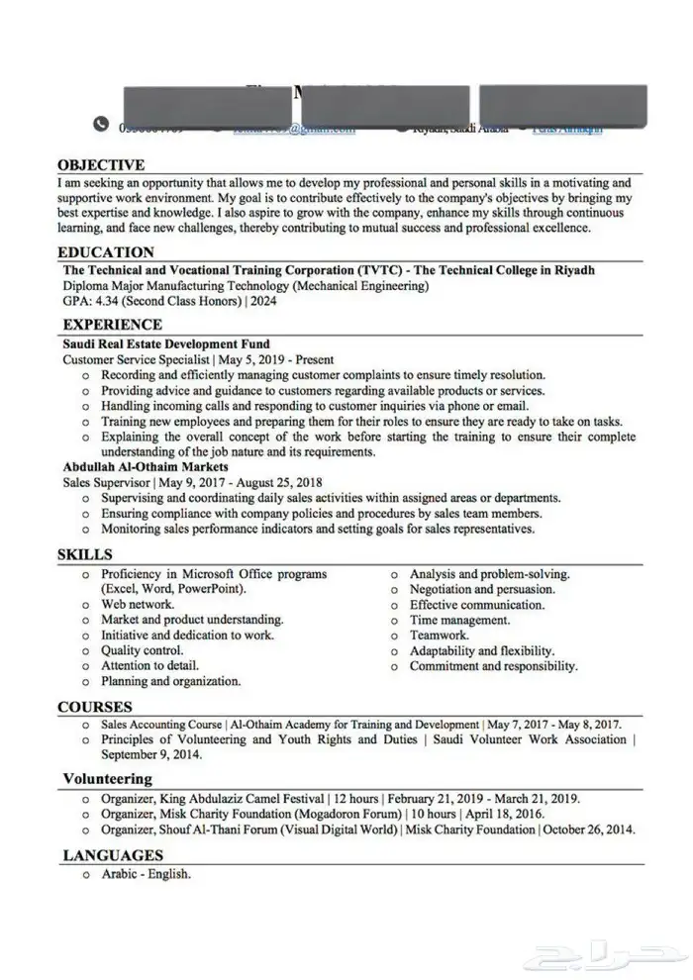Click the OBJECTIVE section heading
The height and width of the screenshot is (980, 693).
[x=101, y=165]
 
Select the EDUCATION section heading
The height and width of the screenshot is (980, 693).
[x=106, y=252]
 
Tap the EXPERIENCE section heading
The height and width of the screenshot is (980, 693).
[x=112, y=324]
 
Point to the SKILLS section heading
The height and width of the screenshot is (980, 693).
[x=84, y=554]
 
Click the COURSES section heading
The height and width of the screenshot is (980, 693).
[x=95, y=707]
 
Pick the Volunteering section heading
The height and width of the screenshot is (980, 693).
[x=107, y=779]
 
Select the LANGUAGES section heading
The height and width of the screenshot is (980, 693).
[x=113, y=855]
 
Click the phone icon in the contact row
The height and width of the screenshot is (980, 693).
[x=100, y=125]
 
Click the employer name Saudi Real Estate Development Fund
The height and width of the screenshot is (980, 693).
[x=165, y=344]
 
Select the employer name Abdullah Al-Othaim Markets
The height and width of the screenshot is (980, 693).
[x=146, y=466]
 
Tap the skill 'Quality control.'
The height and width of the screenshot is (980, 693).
[x=142, y=650]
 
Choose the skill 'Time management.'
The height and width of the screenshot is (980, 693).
[x=459, y=620]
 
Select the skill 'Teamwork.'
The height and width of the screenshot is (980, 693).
[x=439, y=636]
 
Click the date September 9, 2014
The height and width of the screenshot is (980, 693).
[x=150, y=754]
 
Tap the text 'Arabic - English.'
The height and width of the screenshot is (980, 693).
[x=146, y=875]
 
